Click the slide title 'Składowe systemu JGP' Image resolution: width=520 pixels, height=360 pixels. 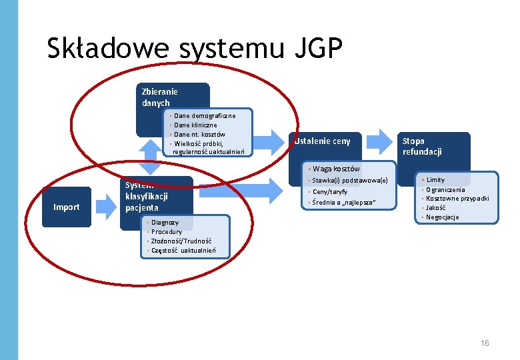pos(195,49)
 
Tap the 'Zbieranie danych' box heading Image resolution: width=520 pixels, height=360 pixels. pos(159,97)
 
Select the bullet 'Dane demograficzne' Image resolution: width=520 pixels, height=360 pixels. pos(204,116)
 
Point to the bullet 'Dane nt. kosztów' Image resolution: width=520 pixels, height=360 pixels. pos(199,135)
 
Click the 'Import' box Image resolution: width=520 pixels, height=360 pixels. pos(66,207)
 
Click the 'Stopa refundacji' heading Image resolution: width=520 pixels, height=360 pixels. pos(421,146)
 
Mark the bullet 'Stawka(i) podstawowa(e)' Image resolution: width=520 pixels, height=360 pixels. pos(350,181)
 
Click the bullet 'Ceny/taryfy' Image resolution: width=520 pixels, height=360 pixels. pos(330,191)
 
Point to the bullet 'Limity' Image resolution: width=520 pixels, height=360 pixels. pos(435,180)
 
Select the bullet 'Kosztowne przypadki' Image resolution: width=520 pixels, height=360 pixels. pos(457,199)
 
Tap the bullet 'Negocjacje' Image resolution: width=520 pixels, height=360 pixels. pos(443,217)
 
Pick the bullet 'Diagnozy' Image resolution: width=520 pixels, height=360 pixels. pos(165,222)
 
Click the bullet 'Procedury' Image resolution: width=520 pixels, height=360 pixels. pos(166,231)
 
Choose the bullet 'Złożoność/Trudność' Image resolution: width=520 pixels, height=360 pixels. pos(181,241)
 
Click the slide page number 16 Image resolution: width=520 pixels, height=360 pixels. pos(485,343)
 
